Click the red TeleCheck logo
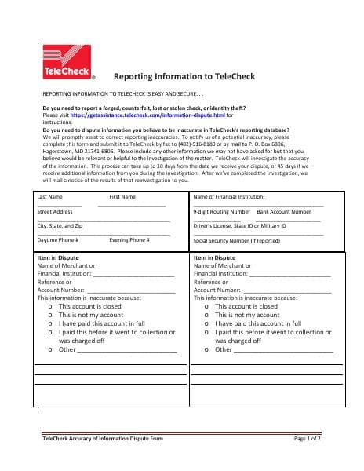click(x=65, y=61)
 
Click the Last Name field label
click(x=50, y=196)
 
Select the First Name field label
click(x=122, y=196)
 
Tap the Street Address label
click(x=55, y=211)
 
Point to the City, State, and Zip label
click(x=60, y=225)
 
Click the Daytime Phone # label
click(x=57, y=239)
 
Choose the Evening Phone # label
click(x=129, y=239)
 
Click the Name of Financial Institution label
click(x=228, y=196)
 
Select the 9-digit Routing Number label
click(x=221, y=211)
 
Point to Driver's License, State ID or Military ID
click(x=239, y=225)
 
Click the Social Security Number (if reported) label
click(x=236, y=240)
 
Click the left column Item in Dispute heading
click(x=58, y=257)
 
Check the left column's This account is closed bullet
click(x=50, y=306)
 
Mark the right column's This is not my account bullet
click(x=206, y=315)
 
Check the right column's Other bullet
click(x=206, y=349)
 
